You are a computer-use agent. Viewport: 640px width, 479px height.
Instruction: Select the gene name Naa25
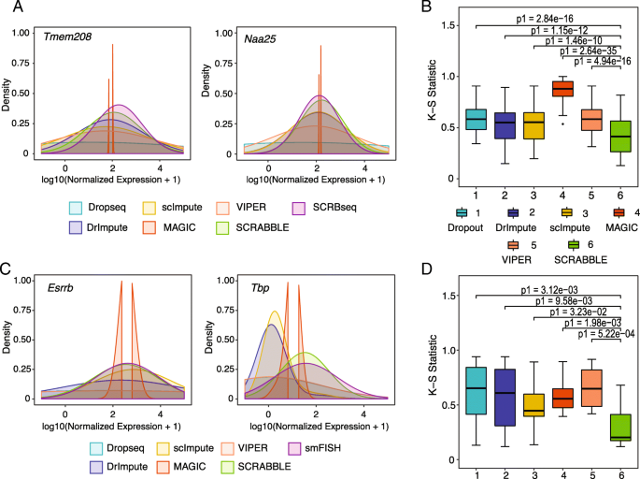pos(238,38)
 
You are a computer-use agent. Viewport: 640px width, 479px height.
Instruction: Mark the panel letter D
pos(426,272)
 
